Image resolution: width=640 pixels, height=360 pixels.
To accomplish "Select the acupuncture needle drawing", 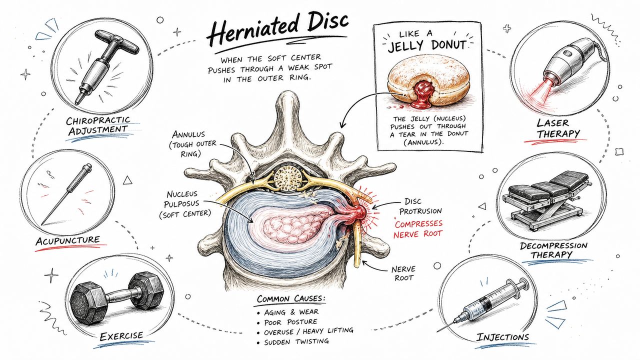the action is [x=66, y=194].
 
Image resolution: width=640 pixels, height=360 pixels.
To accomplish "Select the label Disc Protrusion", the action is [x=420, y=206].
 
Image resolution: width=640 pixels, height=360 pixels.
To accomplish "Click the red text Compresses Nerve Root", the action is [x=418, y=229].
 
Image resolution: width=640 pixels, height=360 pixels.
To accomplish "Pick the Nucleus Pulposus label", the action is [x=185, y=204].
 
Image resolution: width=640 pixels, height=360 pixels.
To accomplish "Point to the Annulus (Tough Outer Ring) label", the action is [x=192, y=144].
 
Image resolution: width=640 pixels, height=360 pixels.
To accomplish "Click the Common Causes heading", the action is [x=291, y=299].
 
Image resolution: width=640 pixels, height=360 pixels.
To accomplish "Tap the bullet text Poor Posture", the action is [x=290, y=322].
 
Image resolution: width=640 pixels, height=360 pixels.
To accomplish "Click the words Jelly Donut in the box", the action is [x=427, y=46].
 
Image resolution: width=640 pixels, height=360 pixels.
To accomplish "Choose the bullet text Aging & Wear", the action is [x=291, y=312].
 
